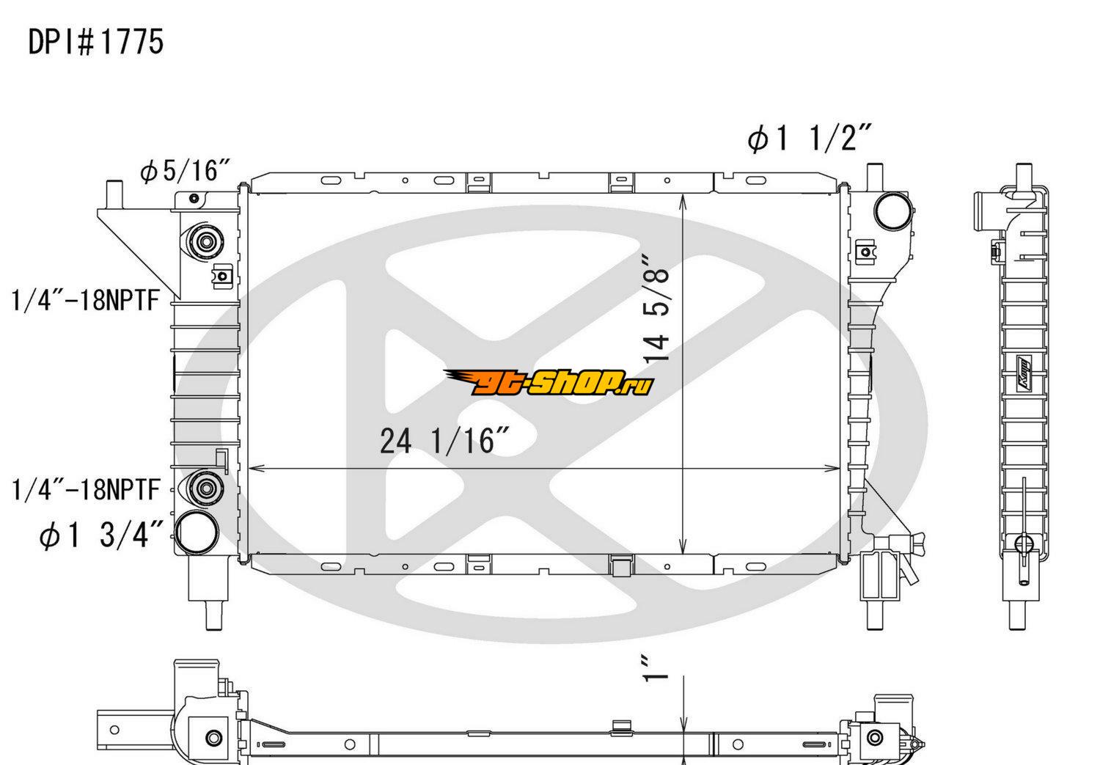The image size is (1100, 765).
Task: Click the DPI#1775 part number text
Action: point(96,42)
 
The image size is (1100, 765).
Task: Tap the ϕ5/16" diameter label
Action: point(185,171)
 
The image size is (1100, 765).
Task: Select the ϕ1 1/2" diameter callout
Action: point(810,139)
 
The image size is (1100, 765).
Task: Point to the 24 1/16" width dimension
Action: point(445,441)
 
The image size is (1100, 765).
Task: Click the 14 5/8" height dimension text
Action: point(656,308)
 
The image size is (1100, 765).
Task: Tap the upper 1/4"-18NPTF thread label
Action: point(86,300)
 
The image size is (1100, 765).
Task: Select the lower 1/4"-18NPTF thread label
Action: point(86,489)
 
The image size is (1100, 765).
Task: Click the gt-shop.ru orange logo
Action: point(549,383)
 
